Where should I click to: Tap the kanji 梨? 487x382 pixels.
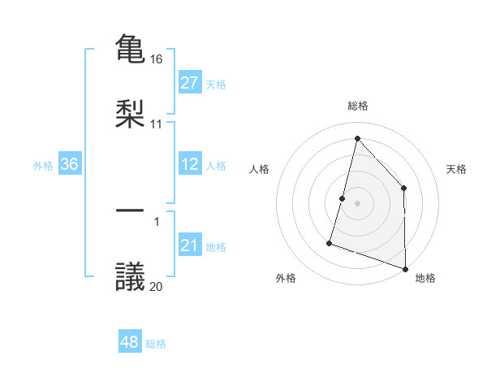coord(130,113)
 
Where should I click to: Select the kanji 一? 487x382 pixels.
coord(130,211)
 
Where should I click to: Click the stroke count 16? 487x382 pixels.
coord(157,59)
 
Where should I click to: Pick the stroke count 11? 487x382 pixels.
coord(157,124)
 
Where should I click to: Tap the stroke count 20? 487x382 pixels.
coord(157,285)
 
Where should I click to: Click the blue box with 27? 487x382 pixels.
coord(189,83)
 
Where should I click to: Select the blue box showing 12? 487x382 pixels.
coord(189,164)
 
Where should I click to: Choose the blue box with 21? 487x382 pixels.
coord(189,245)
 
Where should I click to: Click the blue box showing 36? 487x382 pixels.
coord(70,164)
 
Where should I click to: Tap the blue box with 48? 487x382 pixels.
coord(129,342)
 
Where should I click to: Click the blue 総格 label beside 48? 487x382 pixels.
coord(156,344)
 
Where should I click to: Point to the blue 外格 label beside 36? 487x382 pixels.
coord(43,166)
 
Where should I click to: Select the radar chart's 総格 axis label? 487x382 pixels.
coord(358,106)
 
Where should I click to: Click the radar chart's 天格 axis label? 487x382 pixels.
coord(456,169)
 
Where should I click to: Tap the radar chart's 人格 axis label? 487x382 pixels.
coord(259,169)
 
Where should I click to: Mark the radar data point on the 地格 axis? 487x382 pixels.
coord(405,267)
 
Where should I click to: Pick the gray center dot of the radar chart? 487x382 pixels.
coord(357,202)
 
